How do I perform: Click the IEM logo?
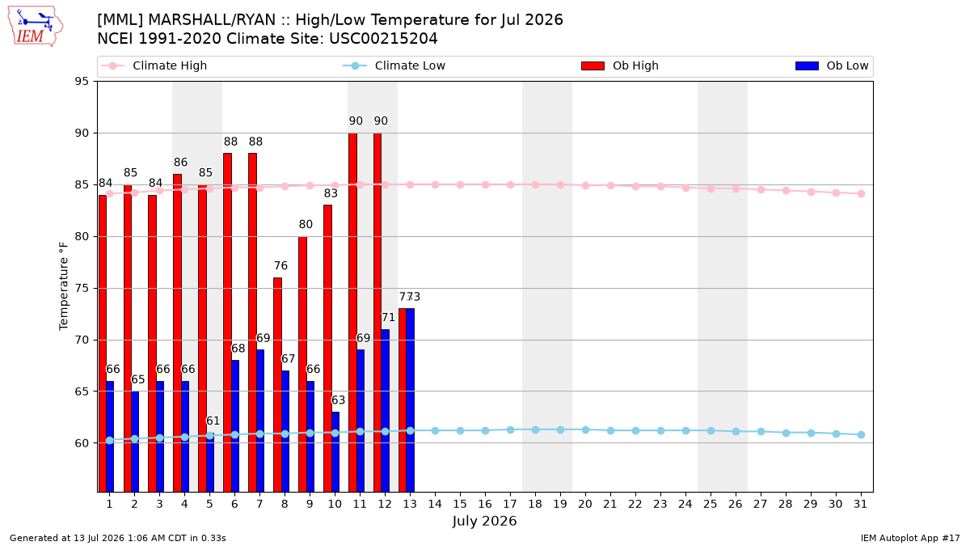(36, 27)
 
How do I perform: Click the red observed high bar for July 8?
(277, 385)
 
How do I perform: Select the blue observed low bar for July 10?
(335, 451)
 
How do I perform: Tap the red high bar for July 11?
(353, 312)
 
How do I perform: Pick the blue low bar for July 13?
(410, 400)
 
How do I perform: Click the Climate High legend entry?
(154, 66)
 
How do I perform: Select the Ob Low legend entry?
(832, 66)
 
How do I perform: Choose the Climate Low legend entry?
(394, 66)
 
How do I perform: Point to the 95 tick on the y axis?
(82, 82)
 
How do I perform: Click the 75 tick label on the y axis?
(82, 288)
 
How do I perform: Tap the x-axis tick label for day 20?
(585, 504)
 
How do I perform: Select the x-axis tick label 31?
(860, 504)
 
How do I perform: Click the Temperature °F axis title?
(64, 286)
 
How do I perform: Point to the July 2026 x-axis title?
(484, 521)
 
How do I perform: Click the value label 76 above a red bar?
(280, 265)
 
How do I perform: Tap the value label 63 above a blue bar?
(338, 400)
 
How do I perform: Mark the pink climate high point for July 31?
(862, 193)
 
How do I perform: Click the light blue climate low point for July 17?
(511, 430)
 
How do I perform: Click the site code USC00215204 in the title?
(383, 39)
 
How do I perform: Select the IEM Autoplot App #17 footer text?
(910, 538)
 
